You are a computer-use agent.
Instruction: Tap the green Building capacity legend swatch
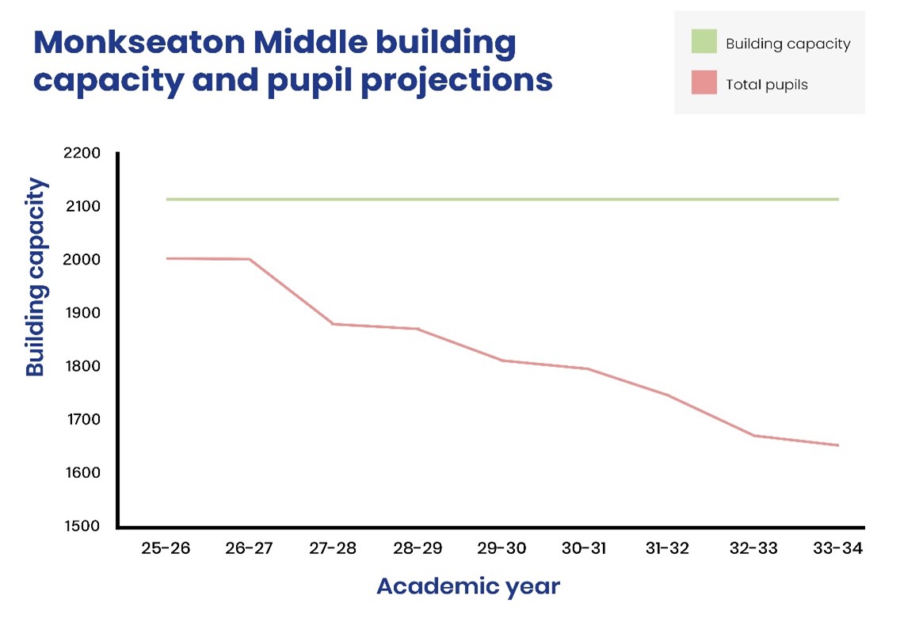[x=704, y=43]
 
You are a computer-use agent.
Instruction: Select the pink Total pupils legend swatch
[x=704, y=83]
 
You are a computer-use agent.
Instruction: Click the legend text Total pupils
[x=766, y=84]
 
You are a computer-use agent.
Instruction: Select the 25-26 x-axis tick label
[x=166, y=548]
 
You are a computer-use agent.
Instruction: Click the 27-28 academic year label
[x=333, y=548]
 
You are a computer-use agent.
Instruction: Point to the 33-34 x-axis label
[x=837, y=548]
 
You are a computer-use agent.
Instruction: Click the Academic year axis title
[x=467, y=586]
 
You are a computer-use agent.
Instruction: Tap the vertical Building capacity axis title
[x=36, y=277]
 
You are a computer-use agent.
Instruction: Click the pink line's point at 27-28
[x=333, y=324]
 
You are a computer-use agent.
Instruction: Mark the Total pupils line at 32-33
[x=753, y=436]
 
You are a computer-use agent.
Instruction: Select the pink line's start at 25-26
[x=168, y=258]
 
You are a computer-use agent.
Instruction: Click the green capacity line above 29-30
[x=501, y=199]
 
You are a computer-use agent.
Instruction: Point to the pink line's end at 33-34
[x=837, y=445]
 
